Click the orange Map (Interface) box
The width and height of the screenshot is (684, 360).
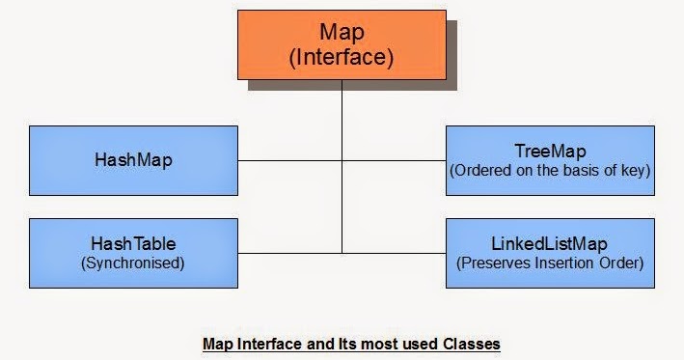pos(342,43)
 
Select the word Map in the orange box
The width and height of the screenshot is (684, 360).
pos(342,31)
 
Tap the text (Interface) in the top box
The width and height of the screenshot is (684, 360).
pos(342,57)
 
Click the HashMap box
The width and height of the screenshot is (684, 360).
pos(133,160)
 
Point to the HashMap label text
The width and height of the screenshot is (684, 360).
pos(133,160)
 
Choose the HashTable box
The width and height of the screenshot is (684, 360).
pos(133,253)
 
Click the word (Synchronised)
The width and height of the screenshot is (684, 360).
pos(133,262)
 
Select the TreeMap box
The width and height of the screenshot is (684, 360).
pos(551,160)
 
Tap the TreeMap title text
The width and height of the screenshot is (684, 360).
pos(551,152)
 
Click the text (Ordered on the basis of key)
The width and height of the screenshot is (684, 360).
pos(551,170)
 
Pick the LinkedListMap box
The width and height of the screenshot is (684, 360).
pos(551,253)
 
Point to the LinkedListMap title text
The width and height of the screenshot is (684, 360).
pos(551,243)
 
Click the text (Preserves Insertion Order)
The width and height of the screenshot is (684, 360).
pos(551,262)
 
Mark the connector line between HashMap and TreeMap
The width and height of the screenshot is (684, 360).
pos(289,160)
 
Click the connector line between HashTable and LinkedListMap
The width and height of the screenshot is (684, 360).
pos(289,253)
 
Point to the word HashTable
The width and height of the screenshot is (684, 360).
pos(133,244)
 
